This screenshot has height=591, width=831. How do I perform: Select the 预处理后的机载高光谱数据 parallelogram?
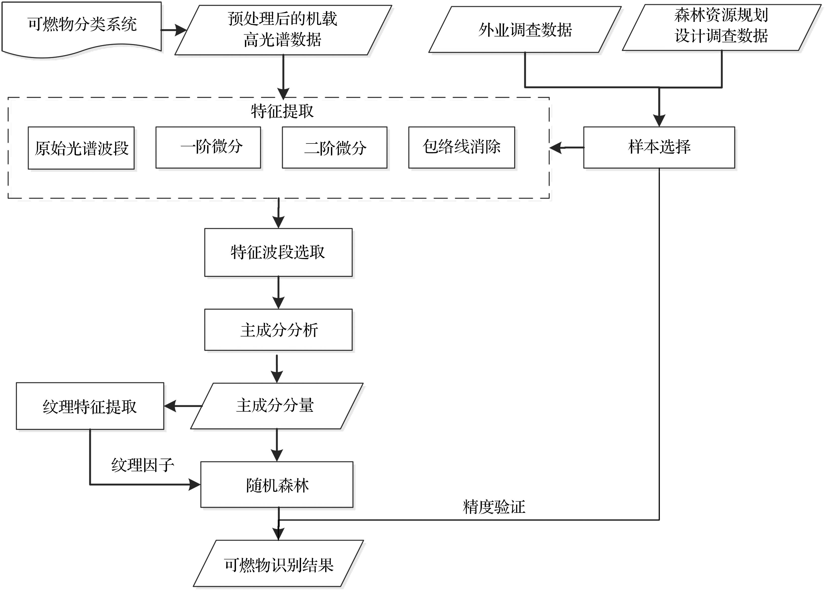[x=283, y=30]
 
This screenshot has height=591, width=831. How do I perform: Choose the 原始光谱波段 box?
[x=81, y=148]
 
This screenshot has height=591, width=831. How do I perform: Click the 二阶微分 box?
[x=334, y=147]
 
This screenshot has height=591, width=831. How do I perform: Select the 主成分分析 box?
[x=278, y=330]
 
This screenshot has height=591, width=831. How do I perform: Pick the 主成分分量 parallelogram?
[x=276, y=406]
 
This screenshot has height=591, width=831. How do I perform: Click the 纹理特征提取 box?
[x=90, y=406]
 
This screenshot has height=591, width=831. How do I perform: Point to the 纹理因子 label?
[x=142, y=465]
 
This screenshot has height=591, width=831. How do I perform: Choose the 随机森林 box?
[x=277, y=485]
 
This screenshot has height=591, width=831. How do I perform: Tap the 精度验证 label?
[x=494, y=507]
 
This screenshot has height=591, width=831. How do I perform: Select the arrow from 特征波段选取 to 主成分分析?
[x=278, y=292]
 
